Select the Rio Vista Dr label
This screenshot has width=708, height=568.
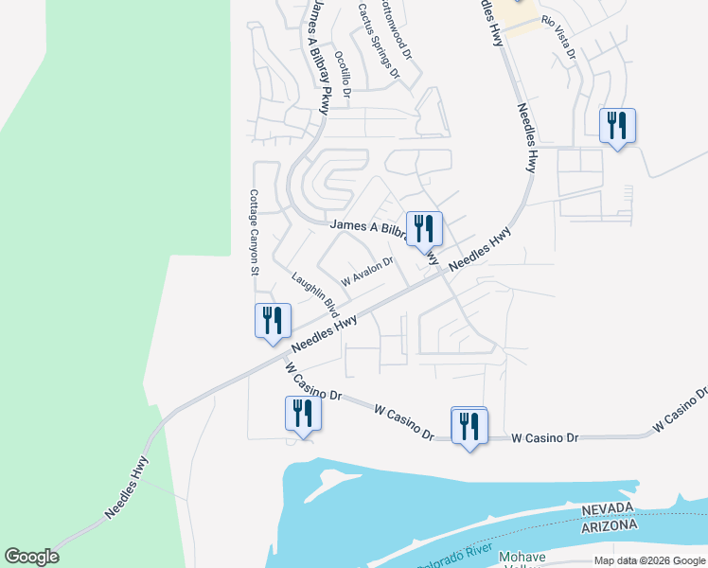click(558, 37)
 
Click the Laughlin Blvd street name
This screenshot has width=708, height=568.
click(315, 293)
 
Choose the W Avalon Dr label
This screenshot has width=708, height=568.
click(367, 274)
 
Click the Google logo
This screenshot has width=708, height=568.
click(31, 557)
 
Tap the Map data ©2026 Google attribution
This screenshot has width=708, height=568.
click(649, 560)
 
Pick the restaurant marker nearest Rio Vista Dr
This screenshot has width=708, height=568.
click(617, 126)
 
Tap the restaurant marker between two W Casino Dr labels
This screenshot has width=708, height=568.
click(469, 427)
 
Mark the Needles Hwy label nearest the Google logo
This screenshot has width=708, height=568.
click(127, 486)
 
